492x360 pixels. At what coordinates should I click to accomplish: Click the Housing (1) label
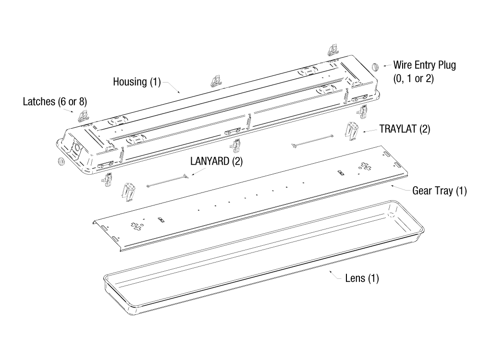(x=137, y=82)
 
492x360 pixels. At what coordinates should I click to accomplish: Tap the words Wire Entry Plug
(x=425, y=65)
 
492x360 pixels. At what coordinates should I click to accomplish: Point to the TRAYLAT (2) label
(x=405, y=129)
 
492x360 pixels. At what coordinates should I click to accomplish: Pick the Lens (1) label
(x=362, y=278)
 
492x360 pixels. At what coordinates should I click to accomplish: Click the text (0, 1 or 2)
(x=414, y=79)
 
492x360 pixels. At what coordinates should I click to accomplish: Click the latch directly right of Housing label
(x=217, y=80)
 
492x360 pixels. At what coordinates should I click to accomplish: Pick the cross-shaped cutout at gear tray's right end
(x=365, y=166)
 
